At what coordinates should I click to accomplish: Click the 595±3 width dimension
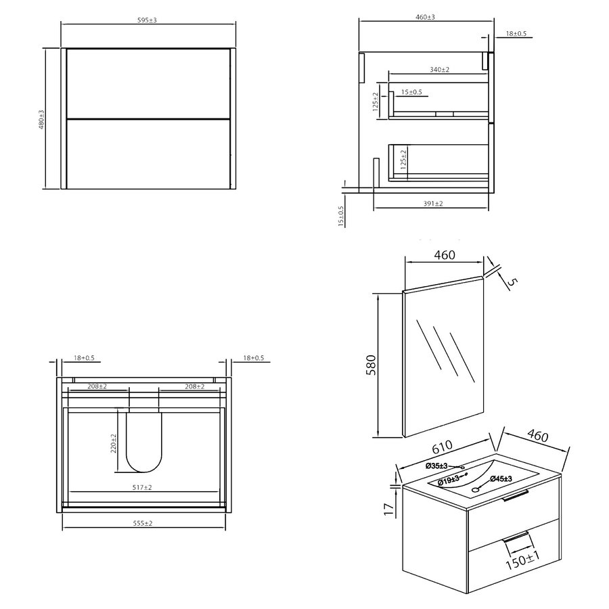pyautogui.click(x=147, y=20)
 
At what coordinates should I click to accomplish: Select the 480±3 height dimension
pyautogui.click(x=41, y=120)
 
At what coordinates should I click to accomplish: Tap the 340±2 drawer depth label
pyautogui.click(x=440, y=69)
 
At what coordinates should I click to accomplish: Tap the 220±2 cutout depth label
pyautogui.click(x=114, y=443)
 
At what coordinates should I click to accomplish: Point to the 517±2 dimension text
pyautogui.click(x=143, y=487)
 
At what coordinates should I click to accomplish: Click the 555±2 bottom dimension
pyautogui.click(x=143, y=522)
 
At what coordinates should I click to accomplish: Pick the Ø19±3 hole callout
pyautogui.click(x=450, y=481)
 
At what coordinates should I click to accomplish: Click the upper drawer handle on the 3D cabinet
pyautogui.click(x=515, y=498)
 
